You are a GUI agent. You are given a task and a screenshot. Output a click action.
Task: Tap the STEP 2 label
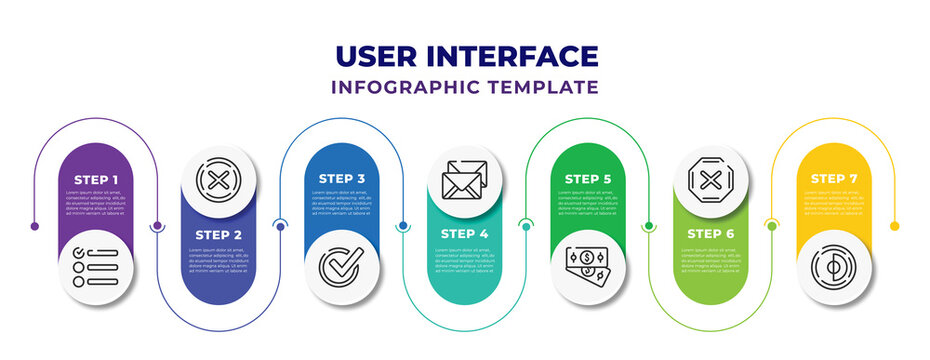[218, 234]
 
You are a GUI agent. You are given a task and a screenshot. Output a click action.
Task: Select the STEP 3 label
[342, 178]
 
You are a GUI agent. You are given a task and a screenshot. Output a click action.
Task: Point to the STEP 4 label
[465, 234]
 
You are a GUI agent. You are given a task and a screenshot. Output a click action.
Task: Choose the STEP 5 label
[588, 178]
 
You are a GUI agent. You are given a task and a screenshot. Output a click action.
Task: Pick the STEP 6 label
[711, 234]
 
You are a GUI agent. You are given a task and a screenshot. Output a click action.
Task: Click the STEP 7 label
[834, 178]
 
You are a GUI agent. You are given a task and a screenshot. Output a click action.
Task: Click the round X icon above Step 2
[218, 180]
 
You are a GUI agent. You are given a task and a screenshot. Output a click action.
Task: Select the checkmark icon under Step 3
[342, 267]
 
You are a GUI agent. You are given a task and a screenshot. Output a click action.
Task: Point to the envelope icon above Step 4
[465, 180]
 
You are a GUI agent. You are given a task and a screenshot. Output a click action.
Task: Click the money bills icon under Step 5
[588, 265]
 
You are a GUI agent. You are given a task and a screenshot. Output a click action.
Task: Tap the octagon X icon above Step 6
[711, 180]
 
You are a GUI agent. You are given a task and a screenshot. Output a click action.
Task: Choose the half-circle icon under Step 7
[834, 267]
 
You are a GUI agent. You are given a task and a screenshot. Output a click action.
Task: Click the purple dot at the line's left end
[35, 226]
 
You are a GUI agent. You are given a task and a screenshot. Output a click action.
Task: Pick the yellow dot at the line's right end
[895, 226]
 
